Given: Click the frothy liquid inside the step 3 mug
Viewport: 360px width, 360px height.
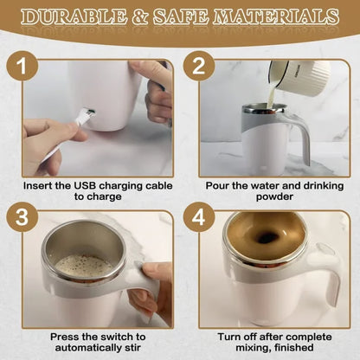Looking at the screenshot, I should click(81, 264).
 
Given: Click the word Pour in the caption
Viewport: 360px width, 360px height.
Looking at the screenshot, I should click(220, 184).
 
